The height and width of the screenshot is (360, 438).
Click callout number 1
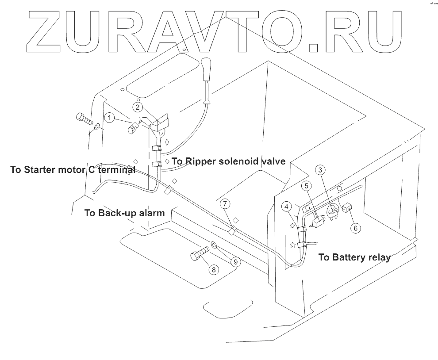(x=109, y=117)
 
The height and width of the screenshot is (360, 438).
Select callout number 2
(x=138, y=107)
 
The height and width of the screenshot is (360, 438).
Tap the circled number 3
(x=322, y=169)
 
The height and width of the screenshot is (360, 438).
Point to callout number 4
(x=288, y=206)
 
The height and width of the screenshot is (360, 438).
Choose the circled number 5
(x=305, y=187)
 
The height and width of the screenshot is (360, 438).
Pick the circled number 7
(x=226, y=204)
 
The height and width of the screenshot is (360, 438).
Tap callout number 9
(x=235, y=262)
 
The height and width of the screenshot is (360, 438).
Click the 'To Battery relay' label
(x=354, y=257)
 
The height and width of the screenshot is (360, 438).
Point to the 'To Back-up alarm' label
(x=124, y=213)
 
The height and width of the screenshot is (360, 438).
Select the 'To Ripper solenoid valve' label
(x=228, y=161)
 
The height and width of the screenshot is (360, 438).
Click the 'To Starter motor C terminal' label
(x=73, y=170)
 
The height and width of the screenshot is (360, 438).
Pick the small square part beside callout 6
(x=347, y=206)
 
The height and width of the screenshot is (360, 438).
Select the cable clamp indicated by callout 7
(x=231, y=230)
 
